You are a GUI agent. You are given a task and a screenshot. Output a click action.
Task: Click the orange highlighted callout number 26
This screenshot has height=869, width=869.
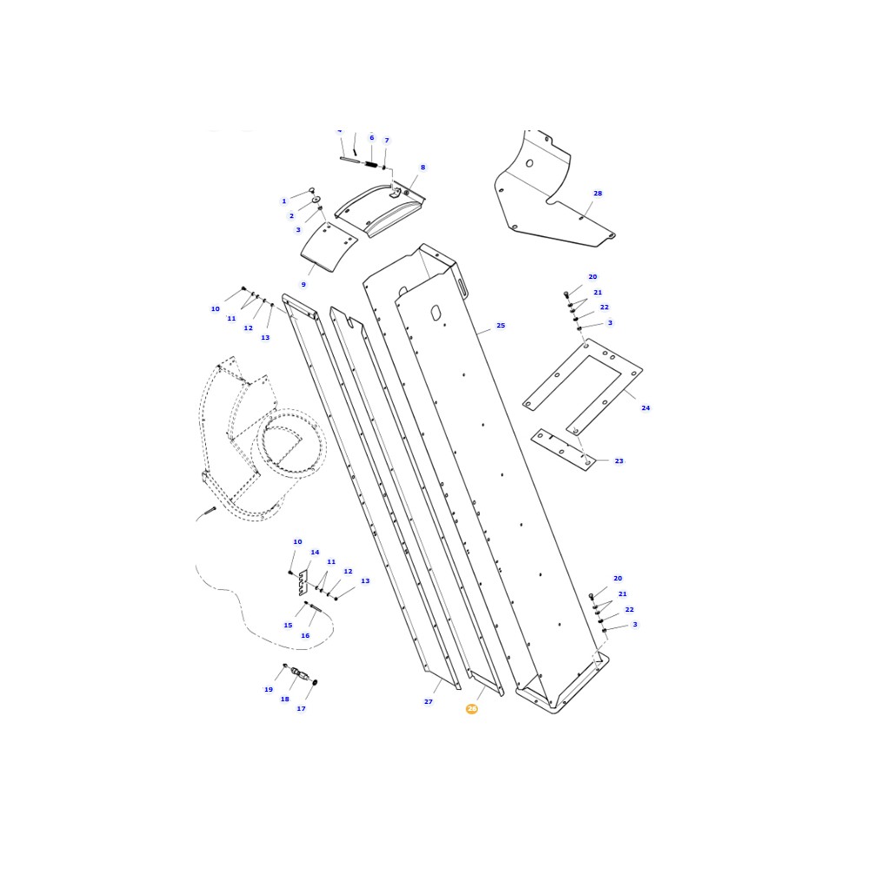pos(472,709)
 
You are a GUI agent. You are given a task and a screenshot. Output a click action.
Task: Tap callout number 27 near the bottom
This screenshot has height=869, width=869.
pos(428,701)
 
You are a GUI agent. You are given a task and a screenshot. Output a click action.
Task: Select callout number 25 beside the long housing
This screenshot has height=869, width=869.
pos(501,326)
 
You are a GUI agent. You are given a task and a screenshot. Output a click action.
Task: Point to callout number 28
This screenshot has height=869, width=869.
pos(598,194)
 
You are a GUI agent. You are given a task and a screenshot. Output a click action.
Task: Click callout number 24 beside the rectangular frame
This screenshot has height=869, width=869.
pos(646,408)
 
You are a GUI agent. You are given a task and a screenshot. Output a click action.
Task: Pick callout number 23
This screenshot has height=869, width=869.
pos(619,461)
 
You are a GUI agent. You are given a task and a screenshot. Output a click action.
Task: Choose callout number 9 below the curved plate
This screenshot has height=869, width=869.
pos(303,285)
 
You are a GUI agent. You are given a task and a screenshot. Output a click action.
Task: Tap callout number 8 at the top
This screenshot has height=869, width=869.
pos(423,168)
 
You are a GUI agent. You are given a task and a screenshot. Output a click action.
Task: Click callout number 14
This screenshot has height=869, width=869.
pos(315,553)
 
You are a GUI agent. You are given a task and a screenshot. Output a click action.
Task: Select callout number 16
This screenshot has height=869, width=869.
pos(305,635)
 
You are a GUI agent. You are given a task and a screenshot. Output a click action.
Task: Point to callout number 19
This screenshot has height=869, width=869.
pos(269,690)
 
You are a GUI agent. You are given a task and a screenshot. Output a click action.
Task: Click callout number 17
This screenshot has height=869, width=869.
pos(302,709)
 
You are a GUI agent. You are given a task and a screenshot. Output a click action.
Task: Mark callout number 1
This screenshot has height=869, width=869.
pos(283,202)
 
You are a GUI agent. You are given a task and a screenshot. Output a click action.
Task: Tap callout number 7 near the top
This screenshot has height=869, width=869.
pos(387,141)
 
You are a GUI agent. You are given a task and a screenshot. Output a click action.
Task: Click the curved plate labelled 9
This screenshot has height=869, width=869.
pos(328,247)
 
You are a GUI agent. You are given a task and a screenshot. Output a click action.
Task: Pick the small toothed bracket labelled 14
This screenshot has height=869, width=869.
pos(302,582)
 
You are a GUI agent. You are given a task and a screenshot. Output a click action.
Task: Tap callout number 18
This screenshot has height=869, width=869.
pos(284,699)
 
